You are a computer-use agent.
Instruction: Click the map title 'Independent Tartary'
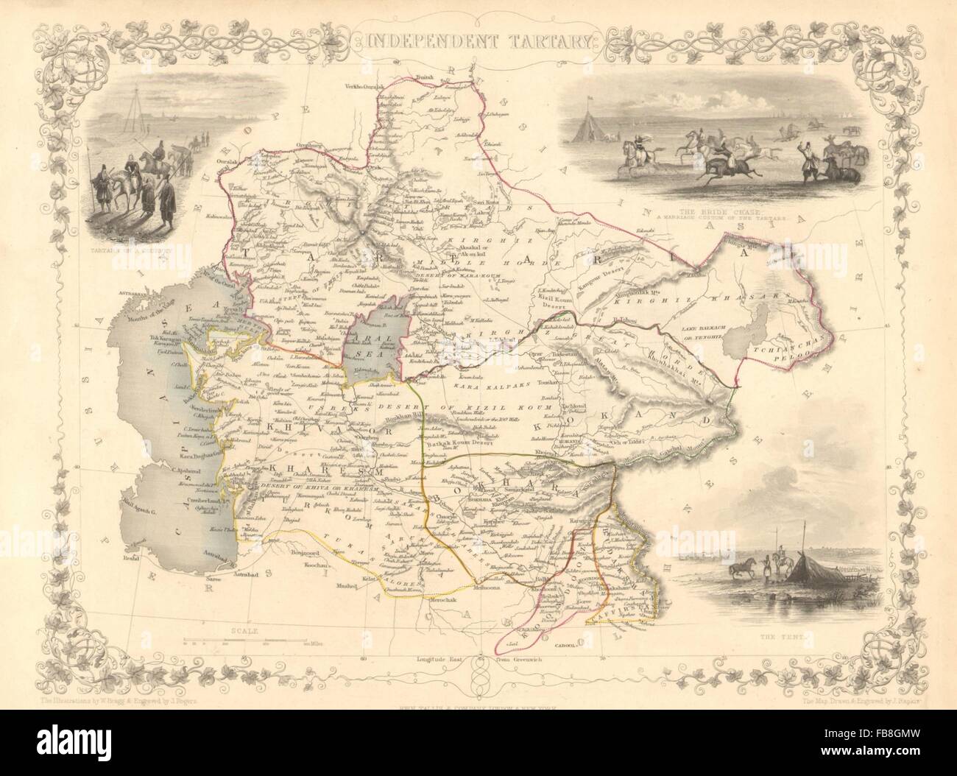pyautogui.click(x=478, y=40)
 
